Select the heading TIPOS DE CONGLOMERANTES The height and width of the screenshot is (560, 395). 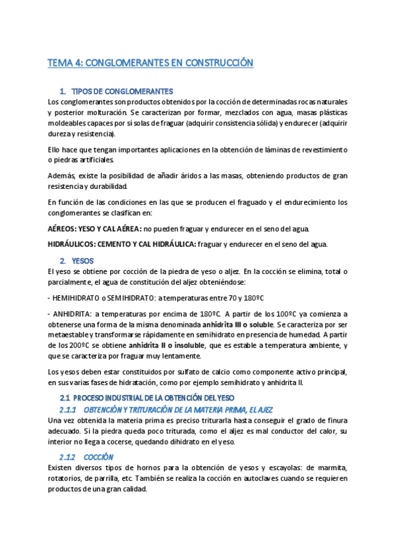(x=122, y=90)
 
